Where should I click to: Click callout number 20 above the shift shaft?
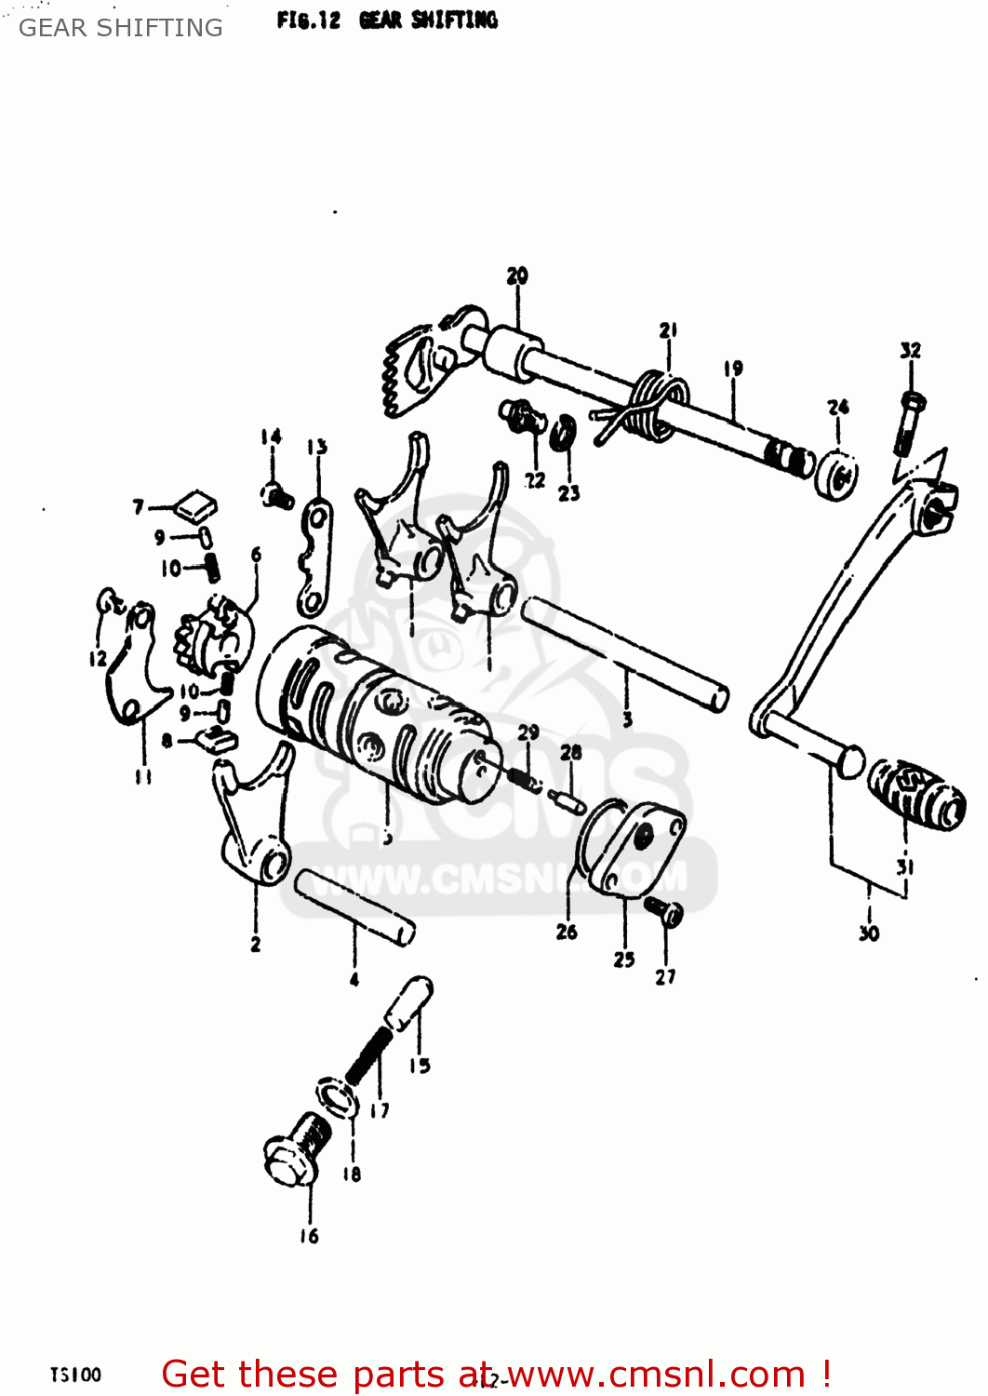click(517, 275)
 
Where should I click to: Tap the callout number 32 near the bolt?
click(910, 350)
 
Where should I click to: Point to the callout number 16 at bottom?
click(309, 1236)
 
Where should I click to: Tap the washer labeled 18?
click(338, 1095)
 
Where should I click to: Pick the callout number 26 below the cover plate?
click(567, 932)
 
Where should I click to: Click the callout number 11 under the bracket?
click(143, 775)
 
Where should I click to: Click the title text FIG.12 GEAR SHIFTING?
click(387, 20)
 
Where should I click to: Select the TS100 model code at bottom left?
click(75, 1375)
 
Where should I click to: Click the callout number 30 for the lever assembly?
click(869, 933)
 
